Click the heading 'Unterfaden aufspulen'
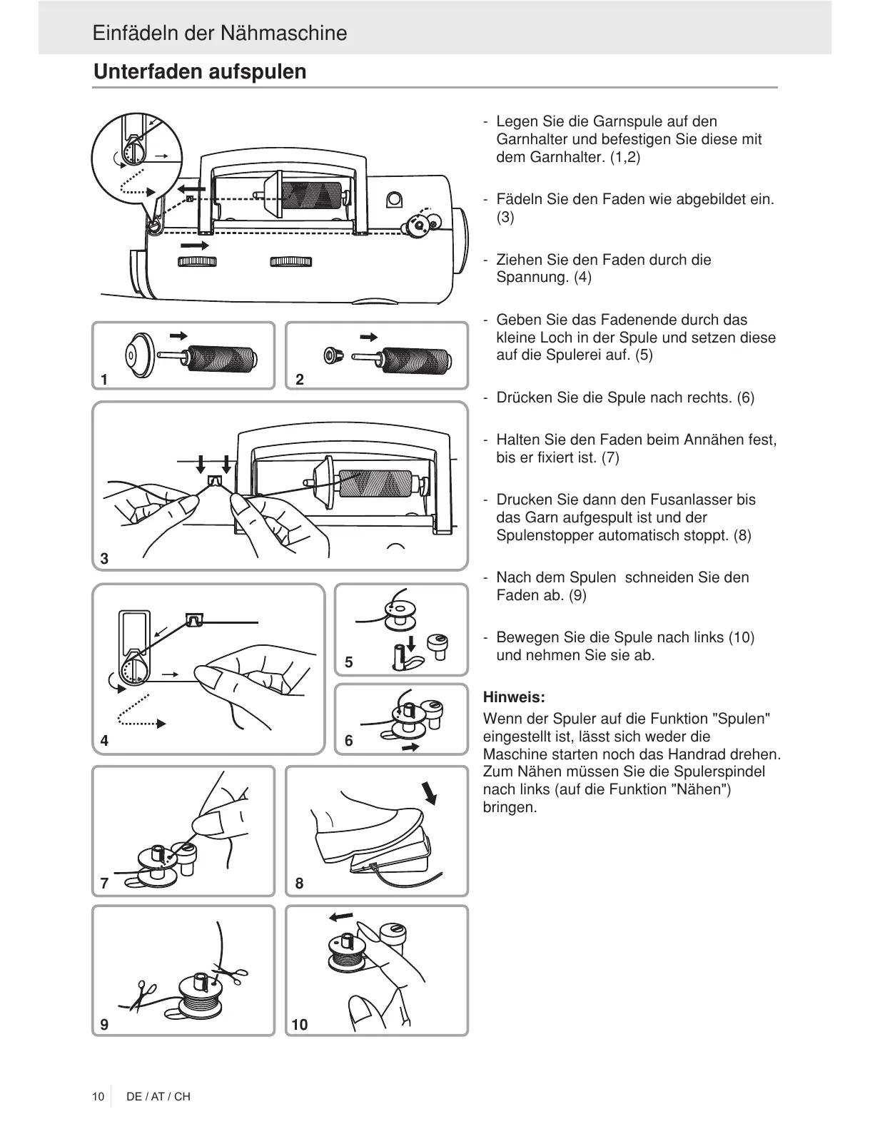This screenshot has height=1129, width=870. click(x=200, y=72)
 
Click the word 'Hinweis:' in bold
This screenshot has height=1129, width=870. click(x=514, y=697)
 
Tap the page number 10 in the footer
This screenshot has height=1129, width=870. click(x=98, y=1096)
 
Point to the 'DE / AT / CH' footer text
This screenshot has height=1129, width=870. click(x=158, y=1096)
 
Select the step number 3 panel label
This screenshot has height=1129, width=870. click(x=105, y=559)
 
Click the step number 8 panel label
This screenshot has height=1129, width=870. click(x=299, y=884)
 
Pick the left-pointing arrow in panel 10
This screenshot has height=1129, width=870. click(x=340, y=916)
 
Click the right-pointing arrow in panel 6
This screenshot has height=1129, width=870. click(x=410, y=747)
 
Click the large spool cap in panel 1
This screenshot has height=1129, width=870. click(x=137, y=355)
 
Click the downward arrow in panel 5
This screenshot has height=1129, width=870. click(x=410, y=624)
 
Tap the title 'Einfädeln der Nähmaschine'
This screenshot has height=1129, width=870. click(x=220, y=34)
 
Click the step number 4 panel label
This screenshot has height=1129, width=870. click(x=105, y=741)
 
